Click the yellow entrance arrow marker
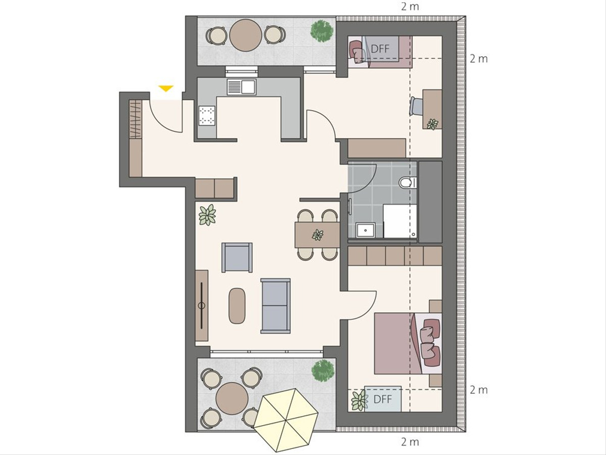(166, 88)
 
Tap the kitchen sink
(241, 87)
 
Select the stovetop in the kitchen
(207, 115)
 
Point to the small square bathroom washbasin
(366, 230)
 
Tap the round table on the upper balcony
(246, 35)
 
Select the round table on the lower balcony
(232, 398)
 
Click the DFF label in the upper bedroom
(380, 49)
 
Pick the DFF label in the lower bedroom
(383, 399)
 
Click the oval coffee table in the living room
(237, 306)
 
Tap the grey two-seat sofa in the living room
(276, 305)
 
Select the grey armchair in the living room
(237, 257)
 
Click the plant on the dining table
(318, 235)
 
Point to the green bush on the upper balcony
(321, 31)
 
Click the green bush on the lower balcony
(323, 371)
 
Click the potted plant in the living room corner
(208, 215)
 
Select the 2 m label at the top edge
(410, 7)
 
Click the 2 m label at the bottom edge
(410, 442)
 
